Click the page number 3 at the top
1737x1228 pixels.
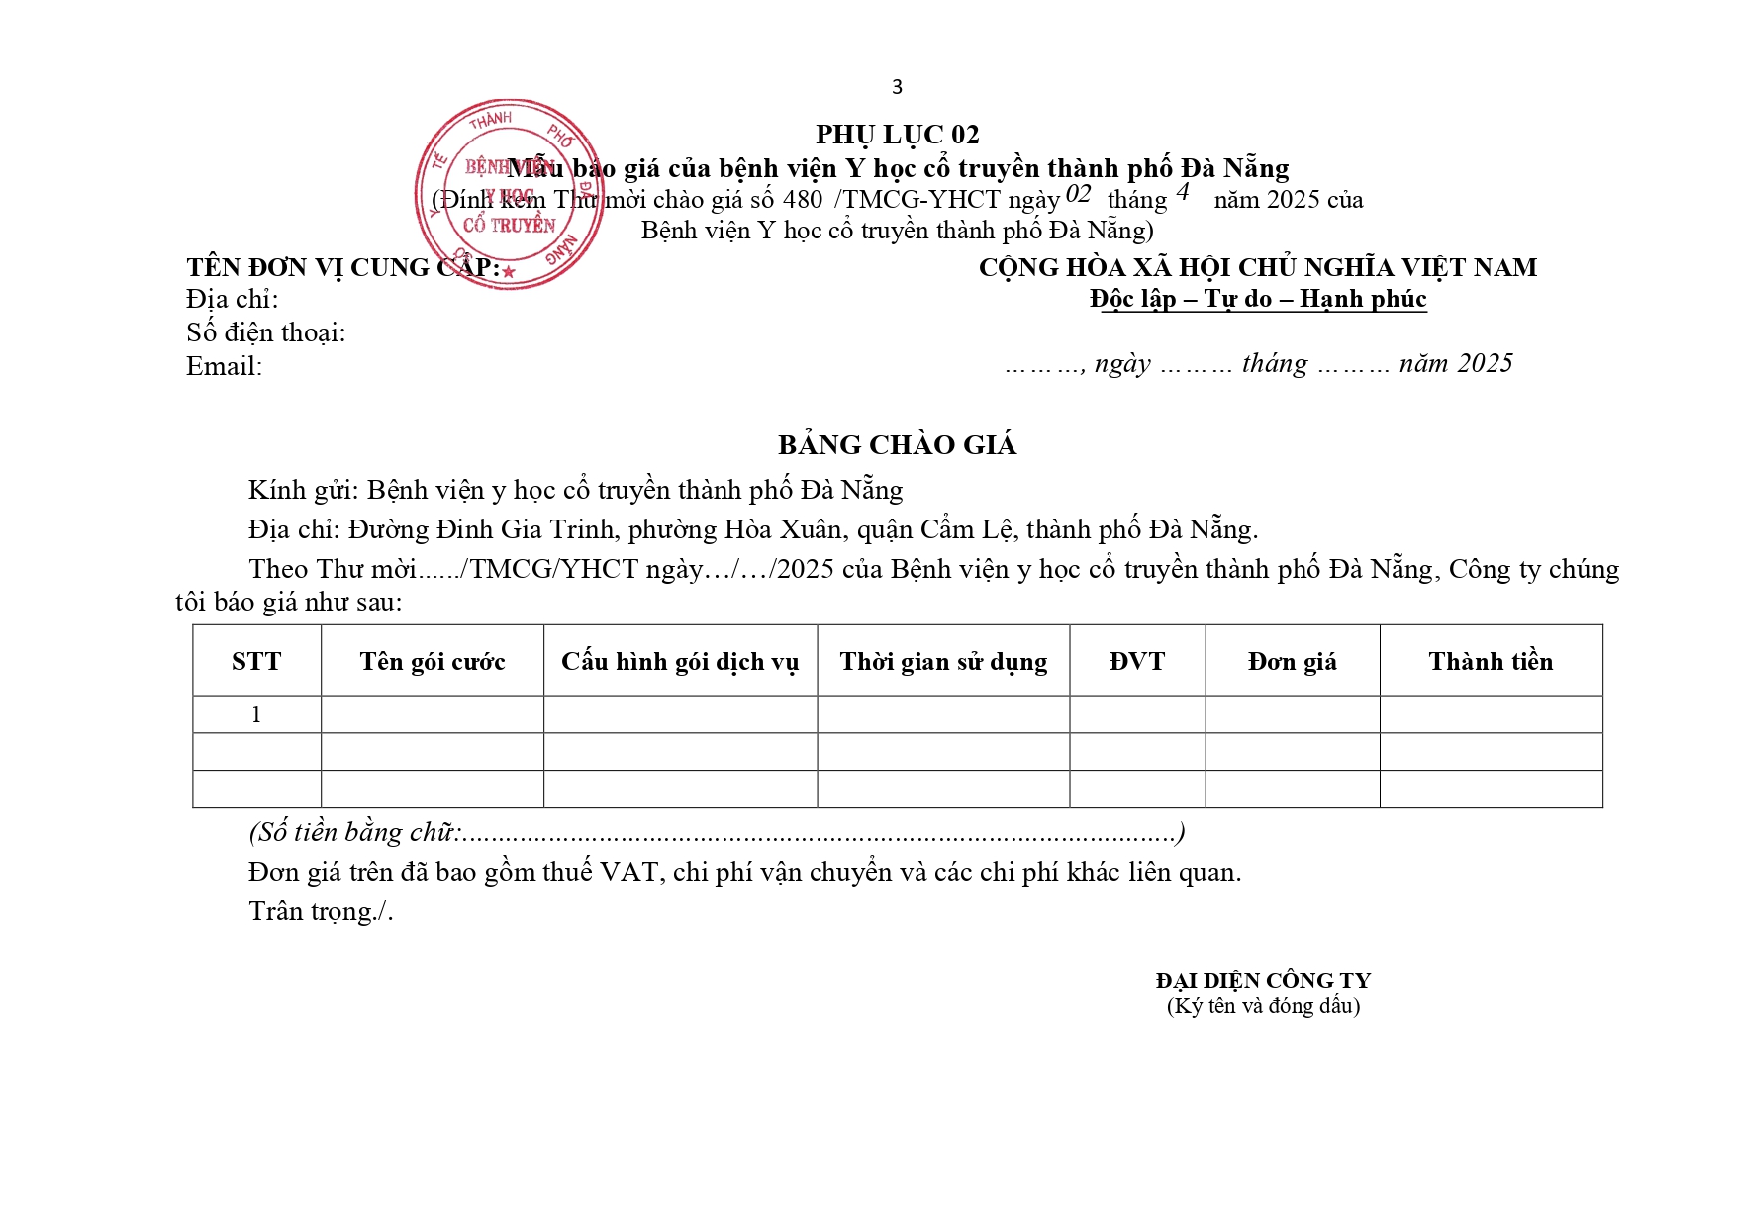[897, 87]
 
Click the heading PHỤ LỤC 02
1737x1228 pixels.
[897, 135]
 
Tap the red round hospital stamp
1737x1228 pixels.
[510, 194]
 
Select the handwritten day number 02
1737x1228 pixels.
[1078, 194]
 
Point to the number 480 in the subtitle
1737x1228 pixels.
[802, 200]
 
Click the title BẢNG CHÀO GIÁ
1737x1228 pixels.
[897, 445]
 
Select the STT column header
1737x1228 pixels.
[256, 661]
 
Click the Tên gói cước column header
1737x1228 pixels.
[432, 661]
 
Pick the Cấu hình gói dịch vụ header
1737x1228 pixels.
[680, 661]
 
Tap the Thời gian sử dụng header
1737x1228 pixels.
[943, 661]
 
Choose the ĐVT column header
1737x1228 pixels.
[1137, 661]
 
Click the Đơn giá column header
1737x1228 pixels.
[1292, 661]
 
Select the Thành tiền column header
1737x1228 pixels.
[1491, 661]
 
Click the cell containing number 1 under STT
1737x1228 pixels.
[256, 714]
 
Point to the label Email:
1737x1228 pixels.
[224, 367]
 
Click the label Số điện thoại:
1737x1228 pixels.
[265, 332]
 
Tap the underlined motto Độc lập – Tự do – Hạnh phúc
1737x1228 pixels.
[1258, 299]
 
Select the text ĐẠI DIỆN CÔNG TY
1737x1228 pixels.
[1263, 980]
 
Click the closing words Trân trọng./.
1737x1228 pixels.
[321, 911]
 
